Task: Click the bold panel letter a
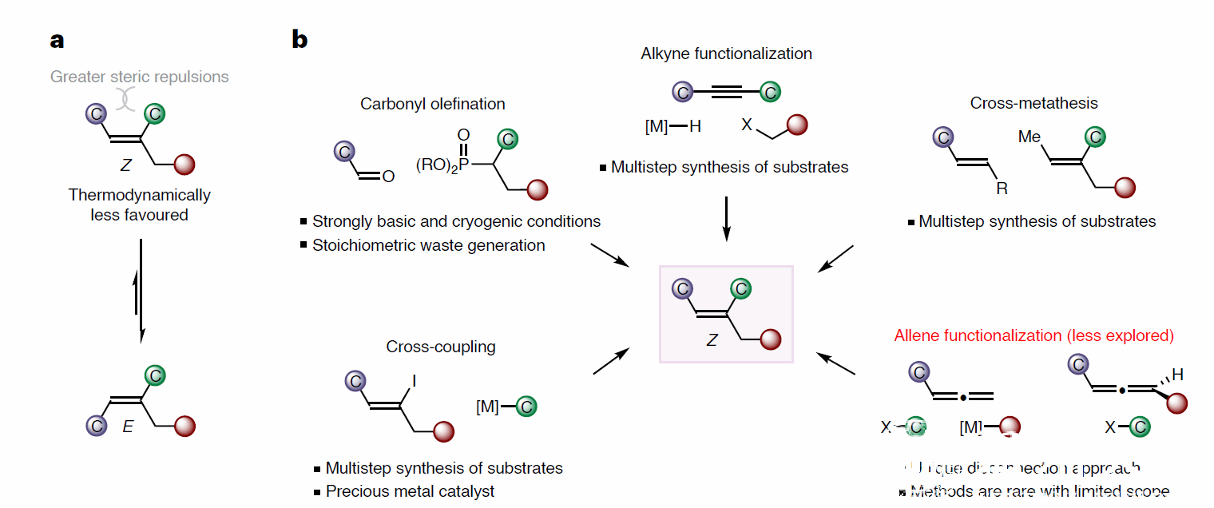(x=57, y=41)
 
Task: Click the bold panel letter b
(x=300, y=39)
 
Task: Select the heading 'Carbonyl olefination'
(x=432, y=104)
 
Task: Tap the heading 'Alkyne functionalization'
(x=726, y=54)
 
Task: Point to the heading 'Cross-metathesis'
(x=1033, y=103)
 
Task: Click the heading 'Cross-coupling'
(x=441, y=347)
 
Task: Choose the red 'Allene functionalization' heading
(x=1033, y=335)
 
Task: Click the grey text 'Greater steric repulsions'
(x=140, y=77)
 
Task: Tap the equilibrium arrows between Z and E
(x=141, y=291)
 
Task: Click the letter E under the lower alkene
(x=127, y=427)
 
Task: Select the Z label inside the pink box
(x=712, y=340)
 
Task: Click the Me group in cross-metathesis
(x=1030, y=137)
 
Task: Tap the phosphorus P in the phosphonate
(x=463, y=164)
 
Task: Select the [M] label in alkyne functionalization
(x=656, y=126)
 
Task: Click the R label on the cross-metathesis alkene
(x=1002, y=189)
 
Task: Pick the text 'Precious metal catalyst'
(x=410, y=491)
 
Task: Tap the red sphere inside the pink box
(x=770, y=339)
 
